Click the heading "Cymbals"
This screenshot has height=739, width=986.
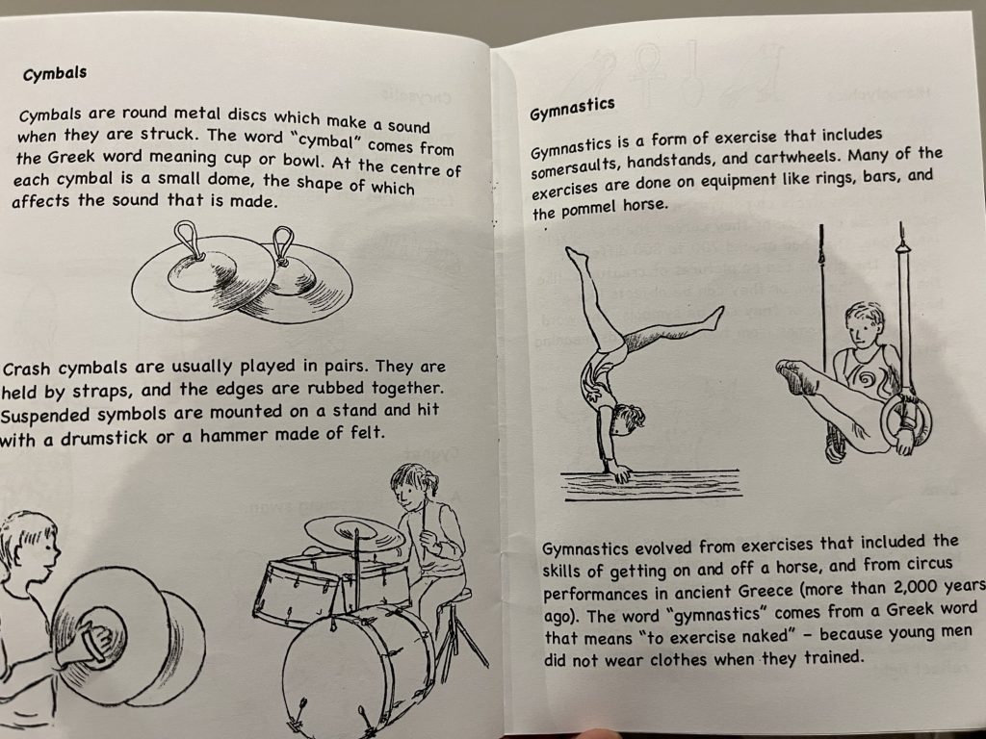pos(55,73)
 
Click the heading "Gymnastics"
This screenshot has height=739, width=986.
pos(572,110)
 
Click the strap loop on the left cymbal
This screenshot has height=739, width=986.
pos(188,239)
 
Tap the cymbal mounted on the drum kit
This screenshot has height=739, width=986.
pos(355,533)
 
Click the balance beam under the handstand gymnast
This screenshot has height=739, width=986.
pos(652,485)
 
